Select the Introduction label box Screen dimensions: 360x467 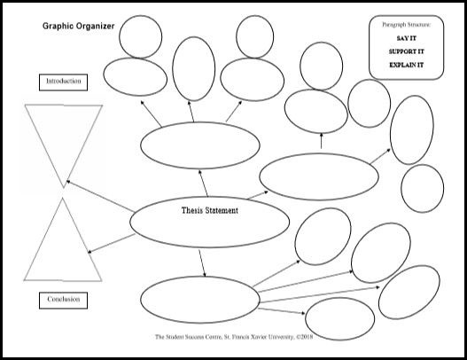64,82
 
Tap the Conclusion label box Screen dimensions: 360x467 64,300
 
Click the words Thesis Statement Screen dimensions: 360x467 210,210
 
